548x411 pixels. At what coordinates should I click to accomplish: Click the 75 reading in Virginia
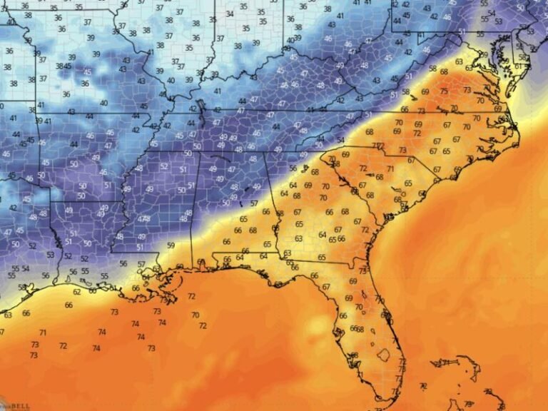click(445, 91)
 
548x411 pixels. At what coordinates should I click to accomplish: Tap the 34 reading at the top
click(230, 14)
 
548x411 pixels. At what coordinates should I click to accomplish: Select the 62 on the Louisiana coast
click(77, 292)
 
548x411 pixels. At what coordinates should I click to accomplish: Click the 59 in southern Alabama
click(171, 245)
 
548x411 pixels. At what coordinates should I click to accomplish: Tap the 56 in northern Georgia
click(293, 168)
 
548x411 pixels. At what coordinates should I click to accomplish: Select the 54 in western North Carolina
click(341, 139)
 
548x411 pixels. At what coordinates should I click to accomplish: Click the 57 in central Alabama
click(254, 203)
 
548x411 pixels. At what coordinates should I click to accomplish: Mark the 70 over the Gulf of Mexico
click(195, 315)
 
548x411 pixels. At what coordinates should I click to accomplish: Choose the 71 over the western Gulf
click(43, 333)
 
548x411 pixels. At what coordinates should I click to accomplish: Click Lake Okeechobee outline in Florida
click(383, 354)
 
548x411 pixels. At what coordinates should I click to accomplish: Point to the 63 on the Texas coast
click(8, 315)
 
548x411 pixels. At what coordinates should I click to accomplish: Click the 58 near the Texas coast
click(21, 287)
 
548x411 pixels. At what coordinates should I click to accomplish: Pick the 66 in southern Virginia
click(405, 109)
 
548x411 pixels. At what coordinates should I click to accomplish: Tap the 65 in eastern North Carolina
click(445, 151)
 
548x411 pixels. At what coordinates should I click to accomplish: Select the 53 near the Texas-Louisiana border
click(51, 254)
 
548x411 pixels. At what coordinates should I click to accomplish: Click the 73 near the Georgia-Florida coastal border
click(362, 271)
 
